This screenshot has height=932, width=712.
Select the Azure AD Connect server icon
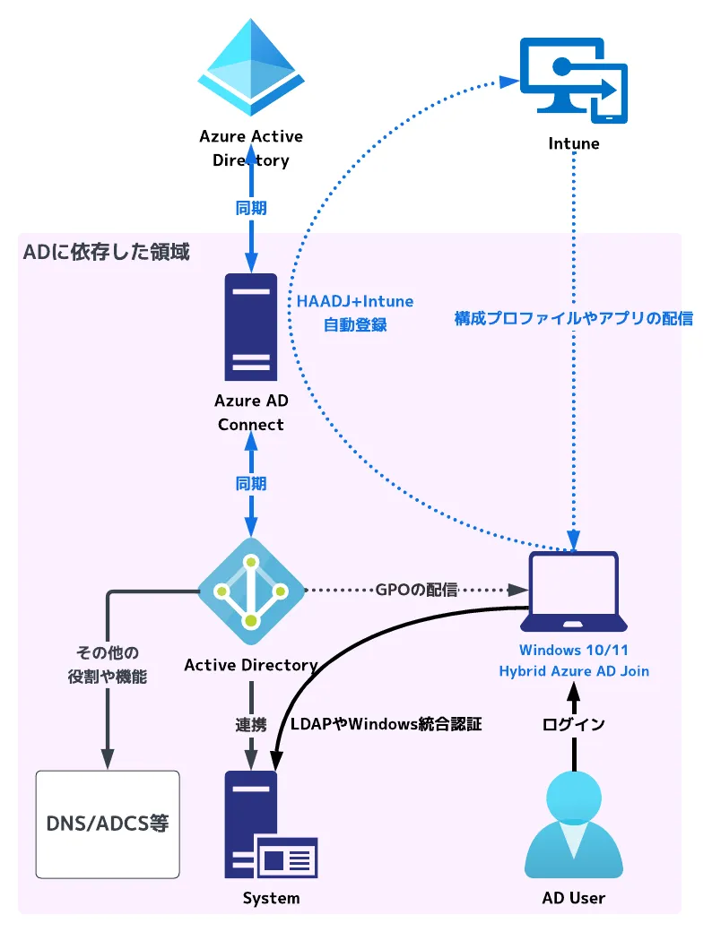click(251, 326)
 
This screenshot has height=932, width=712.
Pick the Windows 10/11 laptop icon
click(574, 591)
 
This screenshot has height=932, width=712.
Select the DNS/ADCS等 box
click(108, 824)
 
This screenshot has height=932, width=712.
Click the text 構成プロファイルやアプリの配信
click(574, 318)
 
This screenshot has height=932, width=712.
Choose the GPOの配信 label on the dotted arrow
click(416, 591)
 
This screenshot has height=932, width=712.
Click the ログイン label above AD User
click(574, 724)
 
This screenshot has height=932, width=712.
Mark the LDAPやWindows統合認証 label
click(386, 724)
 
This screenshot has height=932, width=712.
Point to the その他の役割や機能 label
click(108, 664)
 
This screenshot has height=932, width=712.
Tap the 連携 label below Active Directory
click(251, 724)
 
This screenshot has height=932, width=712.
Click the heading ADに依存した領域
click(107, 252)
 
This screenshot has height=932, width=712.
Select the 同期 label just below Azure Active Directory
click(251, 208)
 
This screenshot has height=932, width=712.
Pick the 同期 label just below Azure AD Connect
click(251, 483)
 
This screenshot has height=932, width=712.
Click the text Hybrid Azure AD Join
click(574, 670)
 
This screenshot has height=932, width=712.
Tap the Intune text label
click(574, 143)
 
